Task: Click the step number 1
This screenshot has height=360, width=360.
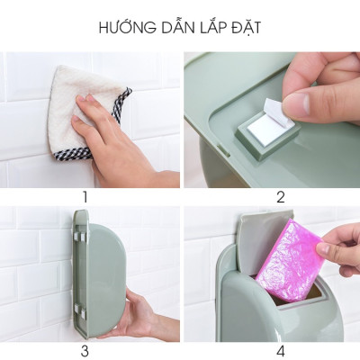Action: pyautogui.click(x=85, y=197)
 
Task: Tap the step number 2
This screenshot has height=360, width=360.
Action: pyautogui.click(x=280, y=197)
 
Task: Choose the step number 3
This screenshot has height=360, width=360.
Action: pyautogui.click(x=85, y=350)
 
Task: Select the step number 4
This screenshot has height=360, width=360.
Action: pyautogui.click(x=280, y=350)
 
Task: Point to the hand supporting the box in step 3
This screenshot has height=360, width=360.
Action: pyautogui.click(x=135, y=315)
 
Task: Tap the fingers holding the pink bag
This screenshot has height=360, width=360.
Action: pyautogui.click(x=337, y=247)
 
